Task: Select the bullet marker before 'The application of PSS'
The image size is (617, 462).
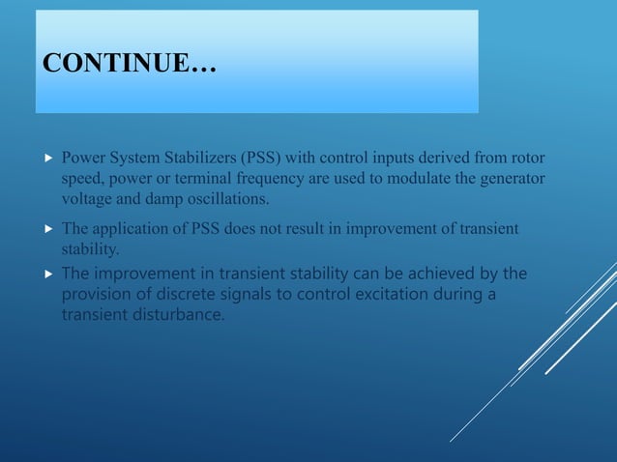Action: coord(47,229)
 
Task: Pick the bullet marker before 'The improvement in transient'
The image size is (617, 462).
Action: coord(47,274)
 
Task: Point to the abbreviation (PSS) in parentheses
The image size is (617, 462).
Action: coord(261,157)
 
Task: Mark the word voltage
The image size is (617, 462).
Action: coord(87,200)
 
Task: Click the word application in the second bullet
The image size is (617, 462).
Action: coord(132,229)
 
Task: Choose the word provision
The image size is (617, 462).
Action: coord(96,294)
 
